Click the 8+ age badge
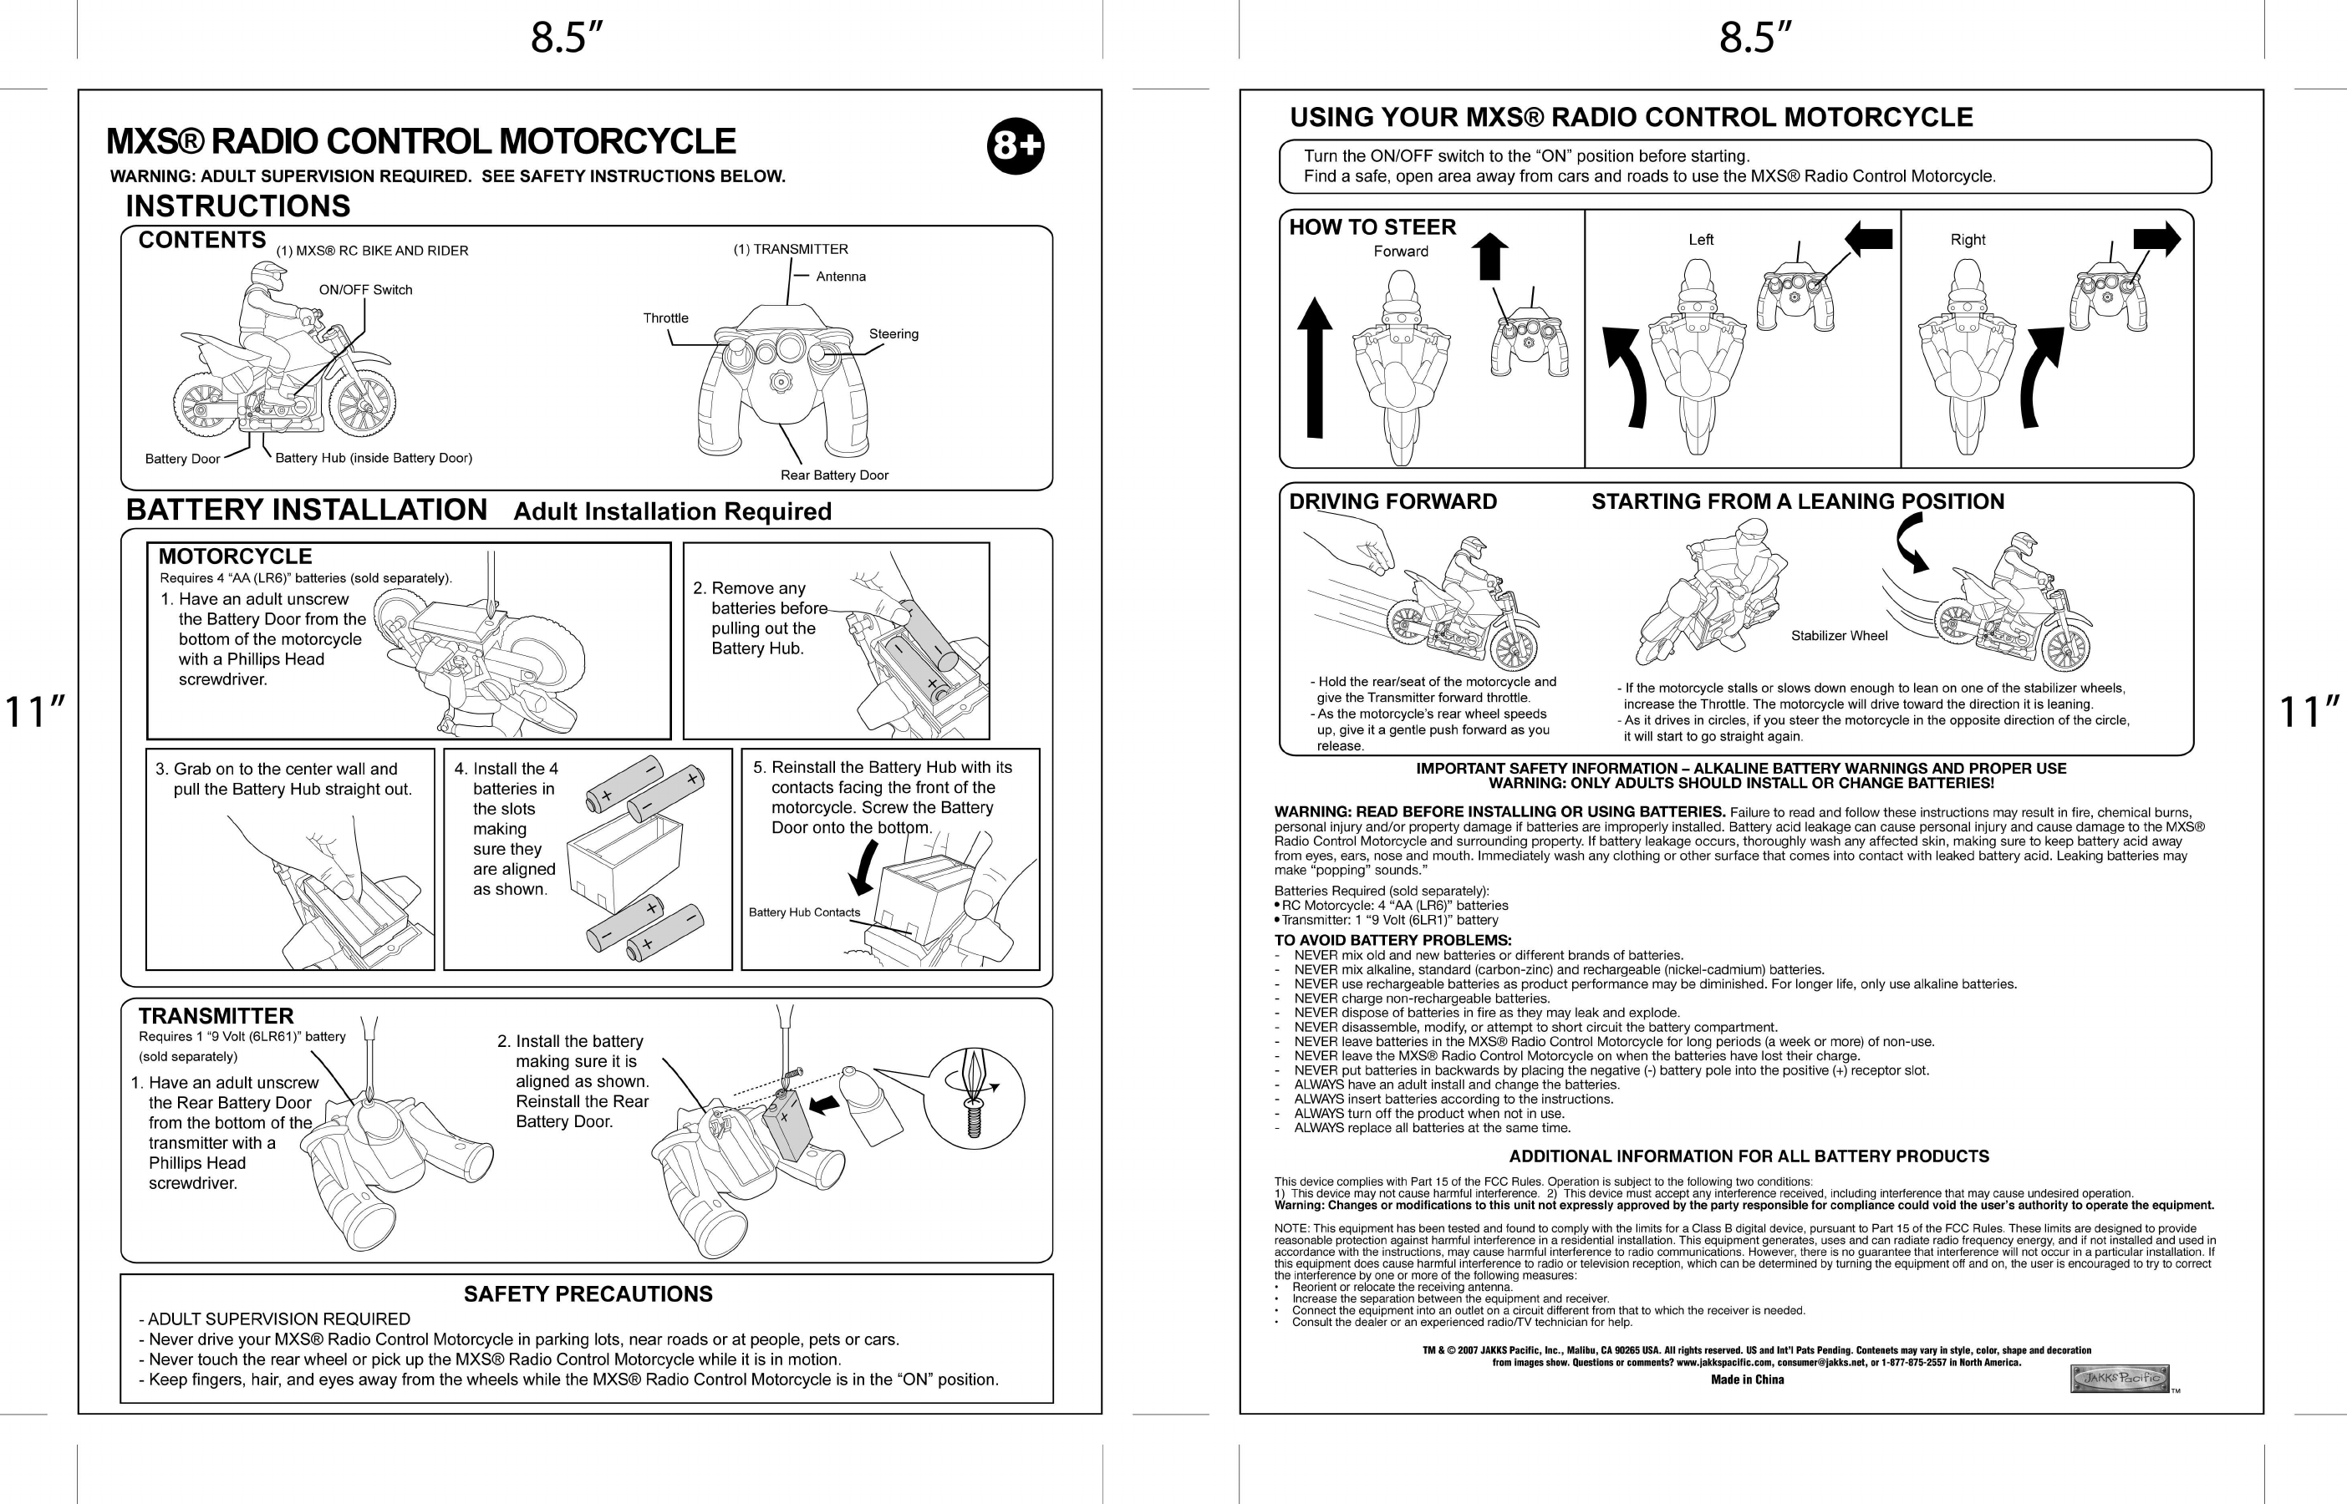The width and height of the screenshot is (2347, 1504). coord(1016,146)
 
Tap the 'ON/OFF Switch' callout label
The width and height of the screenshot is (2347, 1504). coord(365,290)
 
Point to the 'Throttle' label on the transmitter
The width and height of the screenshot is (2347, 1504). coord(665,318)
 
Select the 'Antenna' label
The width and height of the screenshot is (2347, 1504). coord(841,277)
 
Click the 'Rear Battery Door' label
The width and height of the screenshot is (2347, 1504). coord(834,475)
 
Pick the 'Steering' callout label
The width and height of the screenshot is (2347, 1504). coord(893,334)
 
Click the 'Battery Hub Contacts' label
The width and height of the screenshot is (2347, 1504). coord(804,912)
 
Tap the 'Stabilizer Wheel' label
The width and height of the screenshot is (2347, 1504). coord(1839,636)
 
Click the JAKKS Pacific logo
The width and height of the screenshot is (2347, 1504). coord(2120,1378)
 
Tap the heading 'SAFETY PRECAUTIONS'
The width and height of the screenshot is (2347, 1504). coord(588,1294)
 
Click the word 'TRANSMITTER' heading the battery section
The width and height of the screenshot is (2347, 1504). coord(216,1017)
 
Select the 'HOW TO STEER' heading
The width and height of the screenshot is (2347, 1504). coord(1372,227)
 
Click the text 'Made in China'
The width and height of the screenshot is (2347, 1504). coord(1748,1380)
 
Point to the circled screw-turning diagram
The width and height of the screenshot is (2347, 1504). coord(974,1099)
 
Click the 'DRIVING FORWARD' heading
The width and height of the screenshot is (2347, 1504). coord(1392,502)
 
